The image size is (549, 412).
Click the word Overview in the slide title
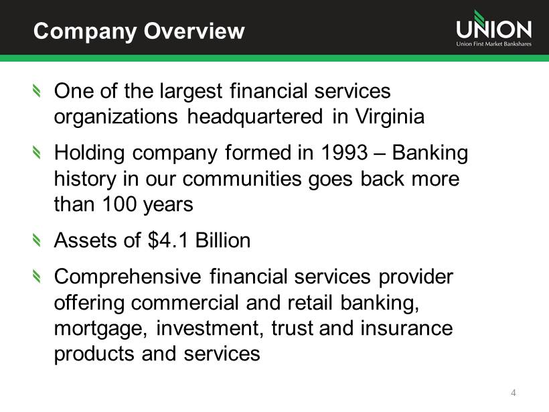pos(194,31)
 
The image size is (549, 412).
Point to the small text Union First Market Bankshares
pos(493,44)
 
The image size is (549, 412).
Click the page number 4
pos(514,393)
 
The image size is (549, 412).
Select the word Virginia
pos(390,117)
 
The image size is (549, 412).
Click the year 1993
pos(344,153)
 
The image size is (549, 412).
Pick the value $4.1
pos(167,241)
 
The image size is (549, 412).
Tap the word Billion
pos(223,241)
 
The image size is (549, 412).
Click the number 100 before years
pos(119,204)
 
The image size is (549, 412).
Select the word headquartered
pos(255,117)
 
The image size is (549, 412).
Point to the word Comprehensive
pos(127,277)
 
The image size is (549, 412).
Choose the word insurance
pos(406,328)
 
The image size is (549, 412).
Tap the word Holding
pos(89,153)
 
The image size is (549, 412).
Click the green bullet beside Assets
pos(36,241)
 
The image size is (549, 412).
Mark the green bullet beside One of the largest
pos(36,91)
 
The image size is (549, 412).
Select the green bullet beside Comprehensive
pos(36,276)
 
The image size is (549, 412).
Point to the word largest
pos(191,91)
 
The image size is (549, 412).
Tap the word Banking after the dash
pos(430,153)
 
